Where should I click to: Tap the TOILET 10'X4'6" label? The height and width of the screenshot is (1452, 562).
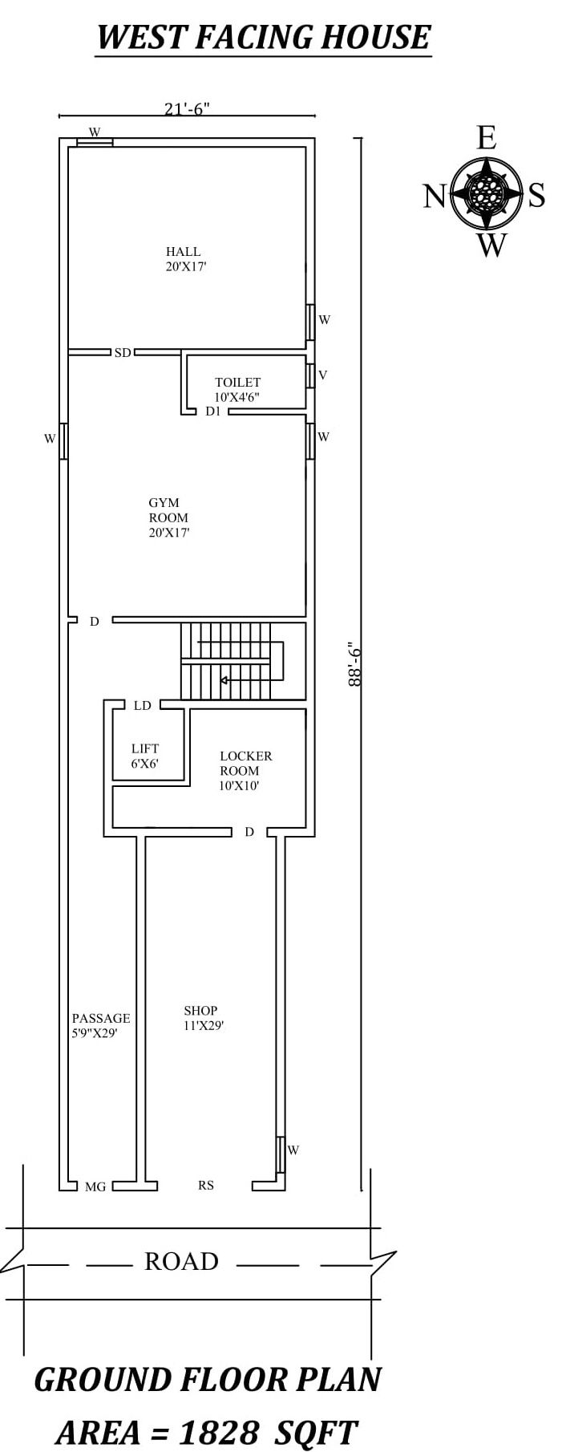pyautogui.click(x=237, y=390)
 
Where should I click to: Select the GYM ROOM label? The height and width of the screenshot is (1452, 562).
pyautogui.click(x=168, y=517)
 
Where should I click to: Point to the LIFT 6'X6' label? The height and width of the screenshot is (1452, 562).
pyautogui.click(x=145, y=756)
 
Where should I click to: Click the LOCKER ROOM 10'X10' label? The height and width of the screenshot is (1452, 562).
pyautogui.click(x=245, y=770)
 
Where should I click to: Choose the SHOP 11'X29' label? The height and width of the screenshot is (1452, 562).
pyautogui.click(x=203, y=1017)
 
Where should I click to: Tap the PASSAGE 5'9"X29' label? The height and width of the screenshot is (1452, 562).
pyautogui.click(x=100, y=1025)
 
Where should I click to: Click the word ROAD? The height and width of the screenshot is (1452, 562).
pyautogui.click(x=181, y=1261)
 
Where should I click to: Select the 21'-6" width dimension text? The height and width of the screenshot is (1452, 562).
pyautogui.click(x=187, y=108)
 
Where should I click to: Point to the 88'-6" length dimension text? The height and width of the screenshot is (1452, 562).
pyautogui.click(x=355, y=663)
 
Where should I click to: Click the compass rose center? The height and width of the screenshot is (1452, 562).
pyautogui.click(x=486, y=193)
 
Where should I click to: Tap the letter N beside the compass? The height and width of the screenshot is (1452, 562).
pyautogui.click(x=434, y=196)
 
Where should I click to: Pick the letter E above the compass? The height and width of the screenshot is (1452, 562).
pyautogui.click(x=486, y=139)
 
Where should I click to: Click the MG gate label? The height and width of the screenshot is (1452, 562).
pyautogui.click(x=95, y=1186)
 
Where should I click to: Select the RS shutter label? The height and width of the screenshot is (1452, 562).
pyautogui.click(x=206, y=1185)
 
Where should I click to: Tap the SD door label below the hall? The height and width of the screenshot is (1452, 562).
pyautogui.click(x=123, y=352)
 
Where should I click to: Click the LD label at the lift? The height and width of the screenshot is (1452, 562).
pyautogui.click(x=143, y=706)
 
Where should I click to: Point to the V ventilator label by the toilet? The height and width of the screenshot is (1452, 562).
pyautogui.click(x=323, y=375)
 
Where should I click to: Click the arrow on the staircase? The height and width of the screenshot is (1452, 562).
pyautogui.click(x=224, y=680)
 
